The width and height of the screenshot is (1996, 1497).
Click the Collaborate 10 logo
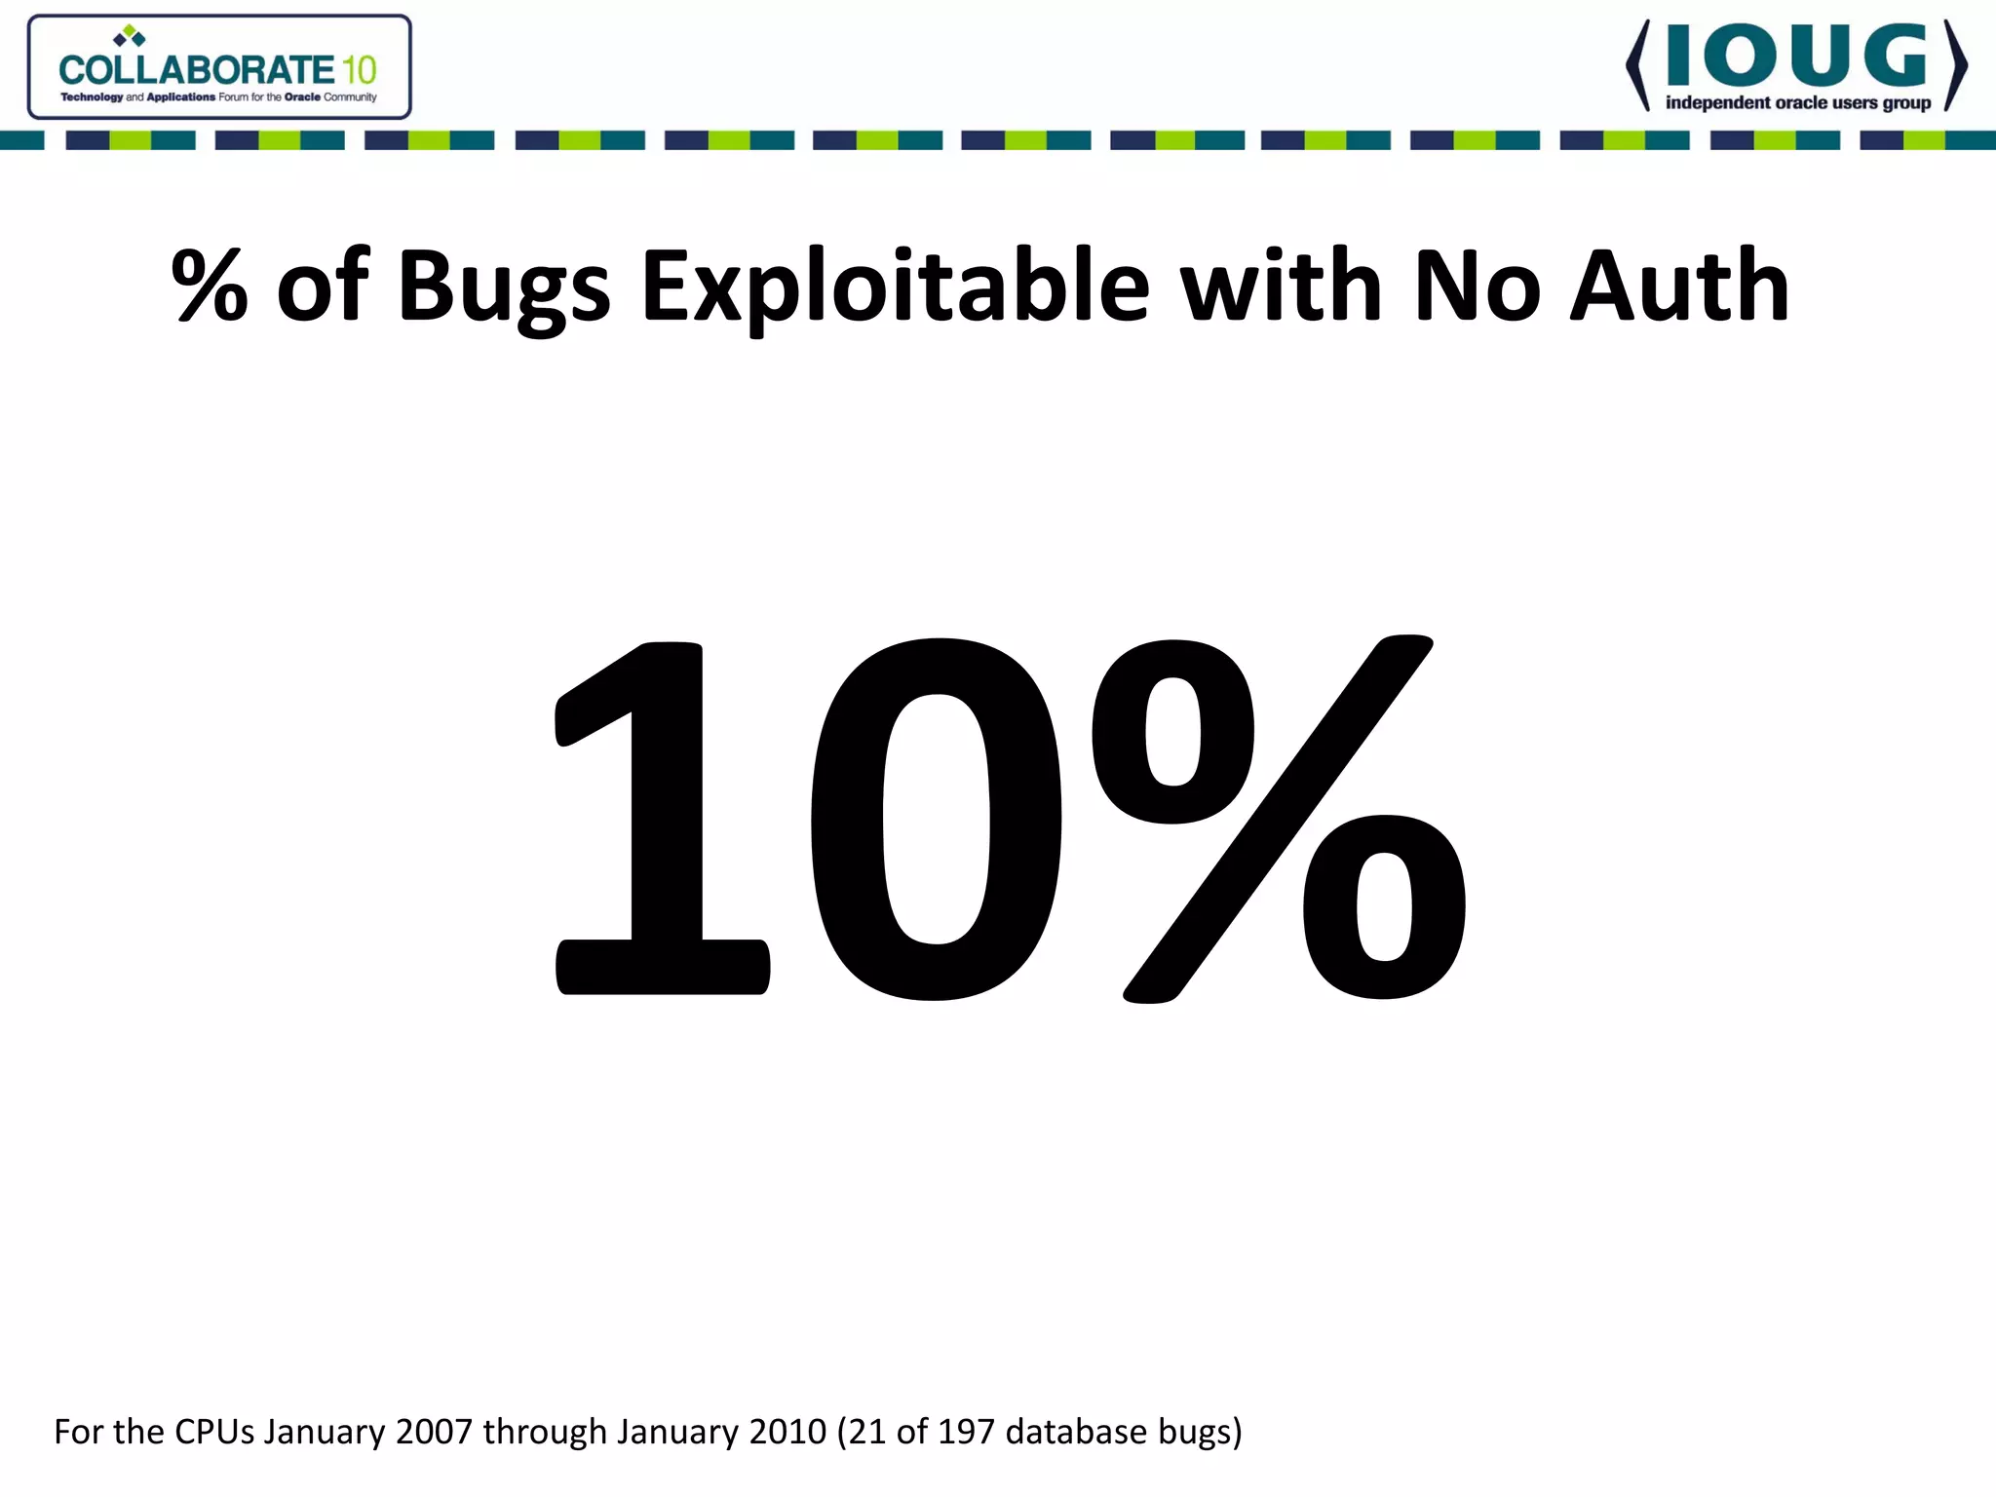point(218,67)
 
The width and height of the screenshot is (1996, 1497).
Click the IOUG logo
point(1796,65)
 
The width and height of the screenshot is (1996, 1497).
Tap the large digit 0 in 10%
point(936,819)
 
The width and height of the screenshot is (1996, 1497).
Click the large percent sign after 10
point(1277,819)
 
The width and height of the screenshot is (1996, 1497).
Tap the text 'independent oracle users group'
point(1798,103)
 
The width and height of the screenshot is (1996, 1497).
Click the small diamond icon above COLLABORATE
point(129,37)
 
